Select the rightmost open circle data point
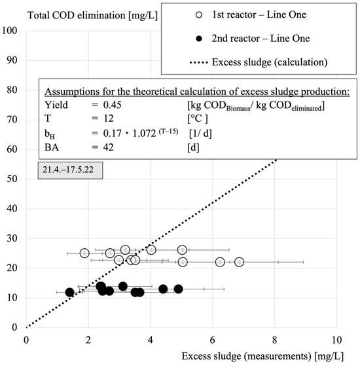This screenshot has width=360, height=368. [x=240, y=262]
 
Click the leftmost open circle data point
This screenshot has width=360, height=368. [x=84, y=253]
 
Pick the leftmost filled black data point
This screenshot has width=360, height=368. [x=70, y=292]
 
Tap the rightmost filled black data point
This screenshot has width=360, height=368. [x=178, y=289]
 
